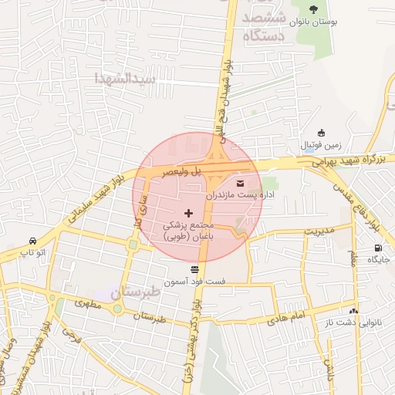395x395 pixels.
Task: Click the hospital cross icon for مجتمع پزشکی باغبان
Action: click(x=189, y=212)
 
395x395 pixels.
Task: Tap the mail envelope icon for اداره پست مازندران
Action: click(x=239, y=184)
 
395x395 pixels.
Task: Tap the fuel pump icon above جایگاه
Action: click(x=377, y=248)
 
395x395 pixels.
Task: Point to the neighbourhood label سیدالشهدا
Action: click(x=125, y=79)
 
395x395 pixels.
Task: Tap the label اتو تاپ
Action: click(x=32, y=252)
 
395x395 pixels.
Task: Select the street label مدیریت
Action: click(x=319, y=231)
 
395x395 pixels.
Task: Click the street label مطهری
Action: click(x=89, y=306)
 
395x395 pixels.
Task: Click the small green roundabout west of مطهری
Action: click(x=116, y=309)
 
